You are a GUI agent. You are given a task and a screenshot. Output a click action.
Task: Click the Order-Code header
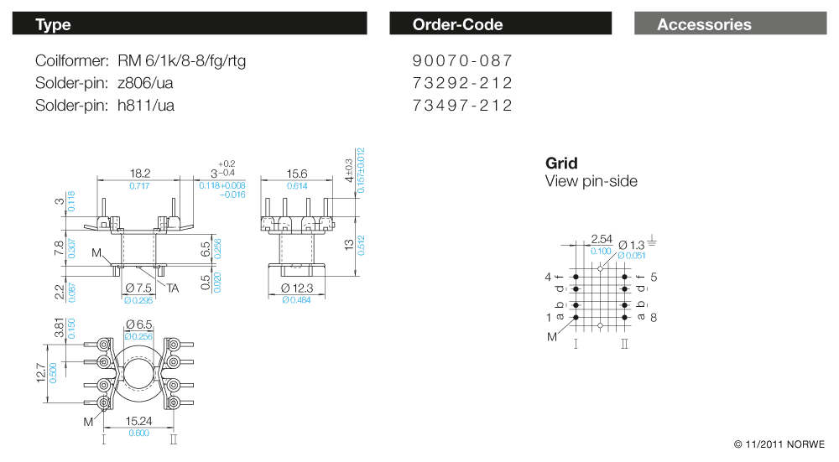click(x=500, y=24)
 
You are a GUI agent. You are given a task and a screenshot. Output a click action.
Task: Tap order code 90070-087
click(x=462, y=61)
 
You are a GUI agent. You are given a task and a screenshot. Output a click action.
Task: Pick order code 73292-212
click(x=462, y=83)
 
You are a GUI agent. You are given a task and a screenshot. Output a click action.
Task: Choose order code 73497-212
click(x=462, y=105)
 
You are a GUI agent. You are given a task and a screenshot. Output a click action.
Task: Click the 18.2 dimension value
click(x=140, y=174)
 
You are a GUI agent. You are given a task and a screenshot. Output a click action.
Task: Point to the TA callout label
click(x=173, y=288)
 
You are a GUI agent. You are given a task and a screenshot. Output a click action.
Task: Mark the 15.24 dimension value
click(x=139, y=422)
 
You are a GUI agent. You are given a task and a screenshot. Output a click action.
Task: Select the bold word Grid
click(x=561, y=164)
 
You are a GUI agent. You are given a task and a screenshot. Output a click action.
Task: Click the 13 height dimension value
click(x=347, y=245)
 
